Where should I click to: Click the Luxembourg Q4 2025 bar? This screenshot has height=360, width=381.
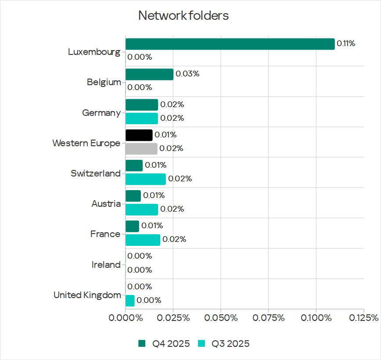click(230, 44)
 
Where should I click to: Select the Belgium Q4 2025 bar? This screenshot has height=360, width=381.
click(149, 74)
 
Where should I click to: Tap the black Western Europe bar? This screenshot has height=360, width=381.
click(139, 135)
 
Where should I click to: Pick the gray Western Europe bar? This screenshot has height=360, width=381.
click(141, 149)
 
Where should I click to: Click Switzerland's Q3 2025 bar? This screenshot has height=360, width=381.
click(146, 179)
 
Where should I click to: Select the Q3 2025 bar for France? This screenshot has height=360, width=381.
click(143, 240)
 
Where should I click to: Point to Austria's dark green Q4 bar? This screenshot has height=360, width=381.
click(133, 196)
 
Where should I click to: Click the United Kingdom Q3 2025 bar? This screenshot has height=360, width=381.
click(130, 301)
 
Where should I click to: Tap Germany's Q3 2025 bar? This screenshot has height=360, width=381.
click(142, 119)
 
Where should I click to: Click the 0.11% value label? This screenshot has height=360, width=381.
click(345, 43)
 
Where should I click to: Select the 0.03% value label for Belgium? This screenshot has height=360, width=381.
click(187, 74)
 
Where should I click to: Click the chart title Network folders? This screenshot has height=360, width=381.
click(183, 16)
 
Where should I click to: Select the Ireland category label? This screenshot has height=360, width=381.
click(106, 265)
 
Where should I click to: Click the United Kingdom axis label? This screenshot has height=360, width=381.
click(87, 295)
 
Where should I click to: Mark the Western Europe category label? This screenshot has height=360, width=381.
click(86, 143)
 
